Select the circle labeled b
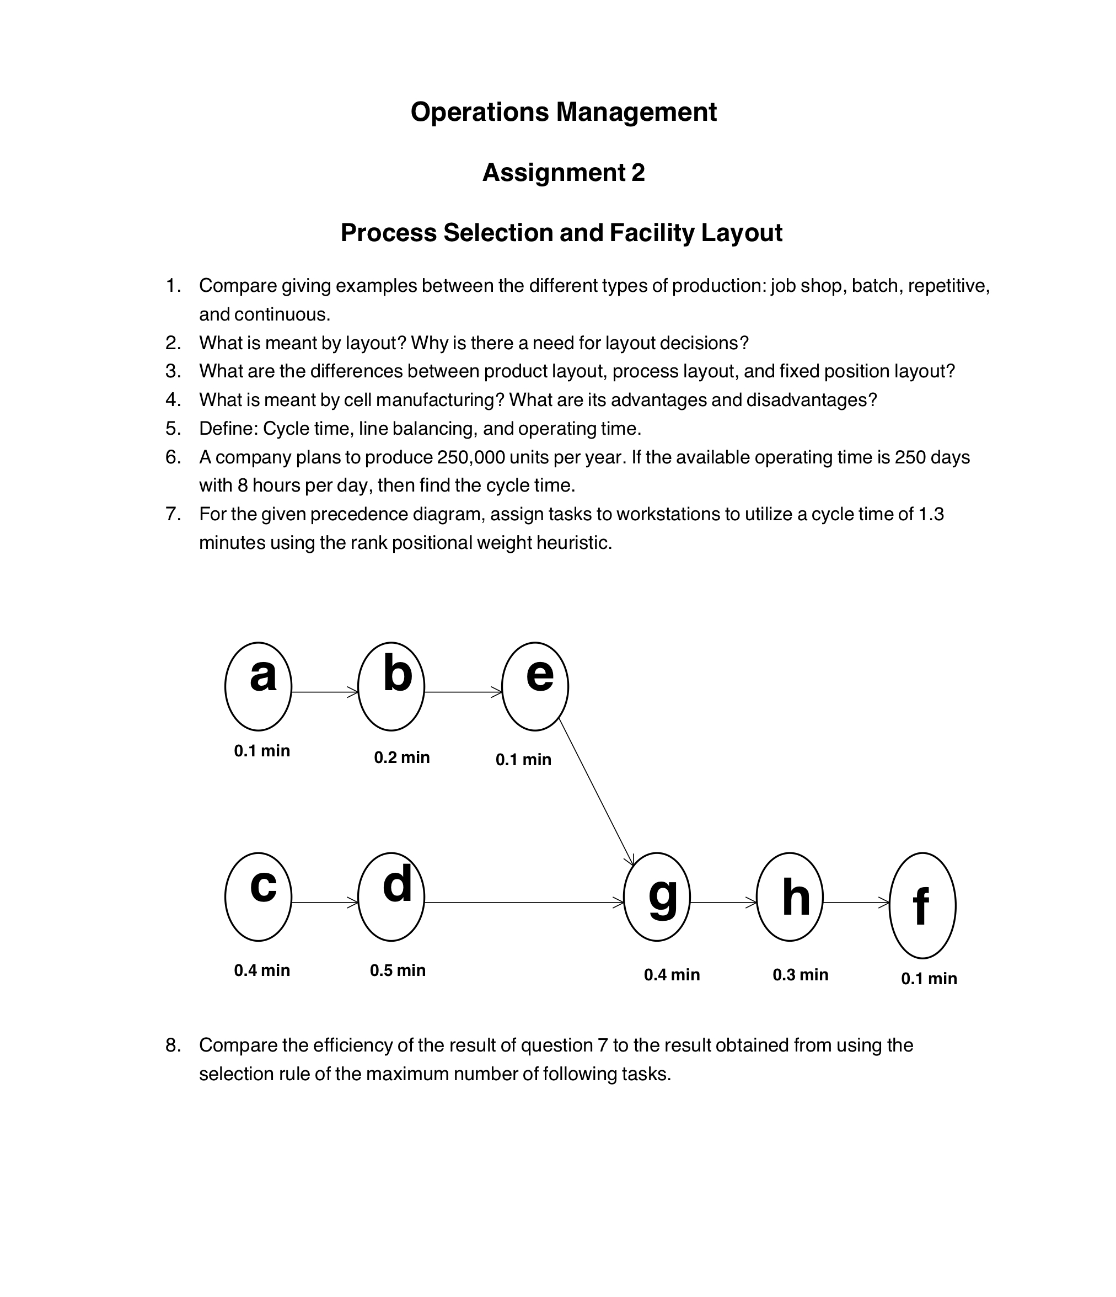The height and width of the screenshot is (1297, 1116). tap(391, 686)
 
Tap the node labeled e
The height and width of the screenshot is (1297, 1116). tap(535, 686)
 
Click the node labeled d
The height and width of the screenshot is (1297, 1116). tap(391, 896)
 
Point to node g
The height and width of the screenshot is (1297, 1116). tap(657, 896)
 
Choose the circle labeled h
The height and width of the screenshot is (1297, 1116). tap(790, 896)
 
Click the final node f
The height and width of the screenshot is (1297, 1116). tap(922, 905)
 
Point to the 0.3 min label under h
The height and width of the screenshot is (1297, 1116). tap(800, 975)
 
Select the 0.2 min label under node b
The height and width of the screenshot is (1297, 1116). tap(401, 757)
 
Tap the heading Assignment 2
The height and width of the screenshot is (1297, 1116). tap(563, 172)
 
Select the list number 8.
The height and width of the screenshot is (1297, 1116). tap(173, 1045)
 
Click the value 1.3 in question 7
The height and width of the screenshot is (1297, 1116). tap(930, 514)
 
